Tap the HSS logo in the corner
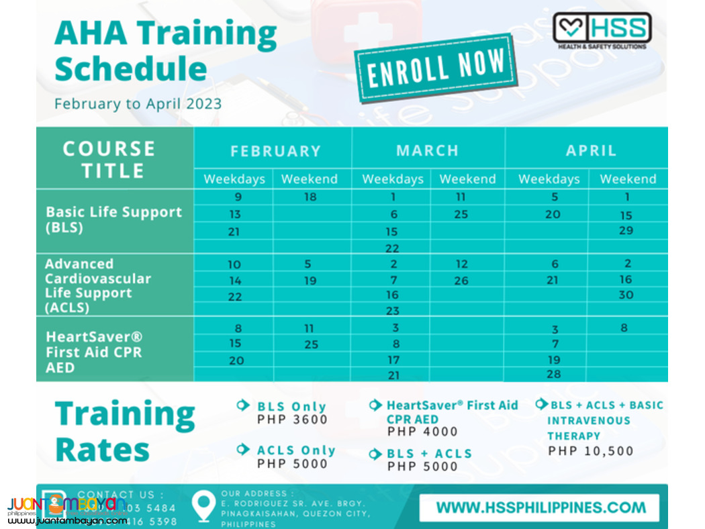pos(601,30)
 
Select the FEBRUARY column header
pos(275,151)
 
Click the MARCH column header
pos(427,150)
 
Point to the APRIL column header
pos(591,150)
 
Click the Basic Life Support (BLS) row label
pos(113,220)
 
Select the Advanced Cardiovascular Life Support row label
pos(97,285)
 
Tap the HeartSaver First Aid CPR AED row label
pos(93,352)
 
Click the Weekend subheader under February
pos(310,179)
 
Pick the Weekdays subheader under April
pos(549,179)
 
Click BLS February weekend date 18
pos(310,197)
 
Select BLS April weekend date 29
pos(626,230)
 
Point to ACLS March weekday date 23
pos(393,311)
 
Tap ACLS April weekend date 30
pos(626,295)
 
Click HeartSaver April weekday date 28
pos(553,374)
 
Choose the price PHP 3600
pos(292,420)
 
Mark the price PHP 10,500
pos(590,450)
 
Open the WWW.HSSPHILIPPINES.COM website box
pos(540,508)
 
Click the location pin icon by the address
pos(203,506)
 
